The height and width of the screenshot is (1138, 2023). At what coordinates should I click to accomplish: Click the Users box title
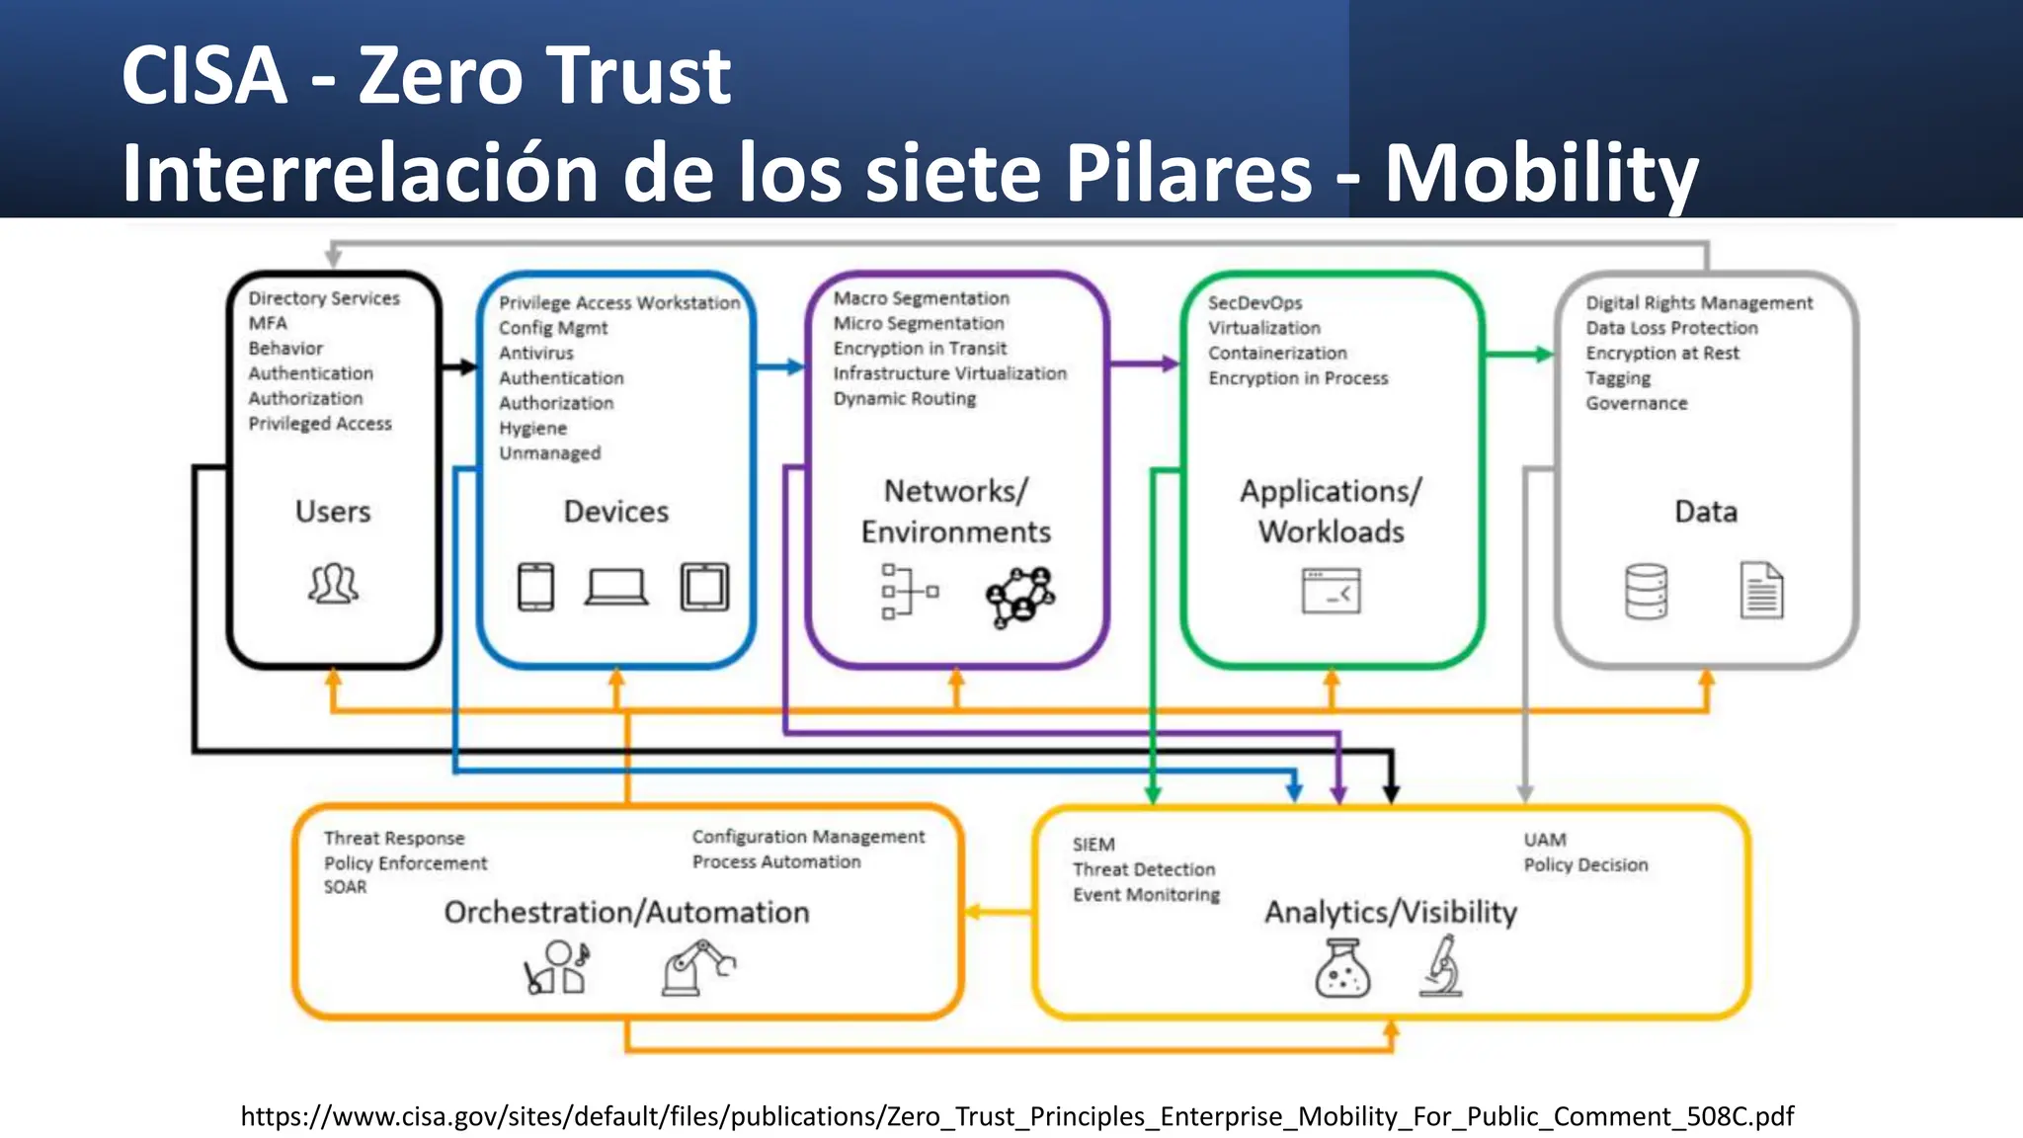(x=333, y=512)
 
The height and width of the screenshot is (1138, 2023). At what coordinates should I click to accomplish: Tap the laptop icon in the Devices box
(x=616, y=587)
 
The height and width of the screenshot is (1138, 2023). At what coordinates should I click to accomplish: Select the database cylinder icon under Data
(x=1646, y=591)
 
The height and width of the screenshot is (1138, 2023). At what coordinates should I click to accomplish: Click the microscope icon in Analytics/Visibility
(x=1442, y=966)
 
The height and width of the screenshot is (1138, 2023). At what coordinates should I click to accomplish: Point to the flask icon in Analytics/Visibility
(x=1342, y=968)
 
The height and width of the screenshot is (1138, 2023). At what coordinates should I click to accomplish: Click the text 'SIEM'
(x=1093, y=845)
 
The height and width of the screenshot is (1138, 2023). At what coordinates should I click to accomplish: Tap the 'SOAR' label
(x=345, y=887)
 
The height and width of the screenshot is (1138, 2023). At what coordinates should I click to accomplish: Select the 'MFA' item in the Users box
(x=268, y=323)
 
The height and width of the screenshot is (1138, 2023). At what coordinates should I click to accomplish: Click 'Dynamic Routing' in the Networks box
(x=904, y=399)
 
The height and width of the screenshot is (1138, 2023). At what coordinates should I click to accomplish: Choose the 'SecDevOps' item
(x=1254, y=303)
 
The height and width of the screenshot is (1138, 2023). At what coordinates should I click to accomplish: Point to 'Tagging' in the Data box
(x=1618, y=378)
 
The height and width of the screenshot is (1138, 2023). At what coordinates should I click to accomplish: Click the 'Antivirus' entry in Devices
(x=535, y=354)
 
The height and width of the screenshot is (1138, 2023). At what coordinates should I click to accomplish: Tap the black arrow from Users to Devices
(x=459, y=367)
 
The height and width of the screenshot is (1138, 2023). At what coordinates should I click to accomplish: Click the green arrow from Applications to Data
(x=1519, y=354)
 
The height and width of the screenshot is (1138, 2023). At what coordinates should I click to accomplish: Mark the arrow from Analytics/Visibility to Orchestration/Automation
(x=998, y=912)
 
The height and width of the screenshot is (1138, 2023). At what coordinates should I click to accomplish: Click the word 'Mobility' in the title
(x=1541, y=173)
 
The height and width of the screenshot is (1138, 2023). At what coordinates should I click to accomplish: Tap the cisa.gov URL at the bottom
(x=1016, y=1116)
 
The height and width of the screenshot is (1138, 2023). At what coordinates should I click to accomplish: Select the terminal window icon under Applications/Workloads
(x=1331, y=591)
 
